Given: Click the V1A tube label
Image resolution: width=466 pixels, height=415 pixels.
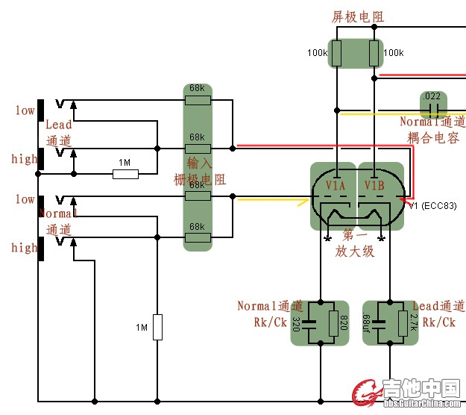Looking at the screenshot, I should (x=336, y=184).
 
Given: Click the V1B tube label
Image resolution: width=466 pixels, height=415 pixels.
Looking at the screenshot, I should (x=374, y=184).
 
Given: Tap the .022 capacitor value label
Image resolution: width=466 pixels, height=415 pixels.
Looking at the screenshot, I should (x=431, y=96).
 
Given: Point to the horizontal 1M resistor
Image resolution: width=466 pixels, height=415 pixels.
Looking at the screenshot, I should (x=125, y=175).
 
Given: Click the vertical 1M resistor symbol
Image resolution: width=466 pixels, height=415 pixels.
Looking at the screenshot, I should (x=157, y=327).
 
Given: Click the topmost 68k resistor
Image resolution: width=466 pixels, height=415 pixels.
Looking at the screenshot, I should (x=198, y=100).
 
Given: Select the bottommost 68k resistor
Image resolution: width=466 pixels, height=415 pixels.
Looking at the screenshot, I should (x=198, y=238).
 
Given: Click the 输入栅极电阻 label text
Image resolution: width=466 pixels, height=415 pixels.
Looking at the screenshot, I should (x=200, y=171).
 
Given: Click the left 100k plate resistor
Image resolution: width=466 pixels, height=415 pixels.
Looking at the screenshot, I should (x=336, y=53).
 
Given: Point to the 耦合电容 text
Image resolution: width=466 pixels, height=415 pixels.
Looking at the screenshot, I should (x=433, y=138).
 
